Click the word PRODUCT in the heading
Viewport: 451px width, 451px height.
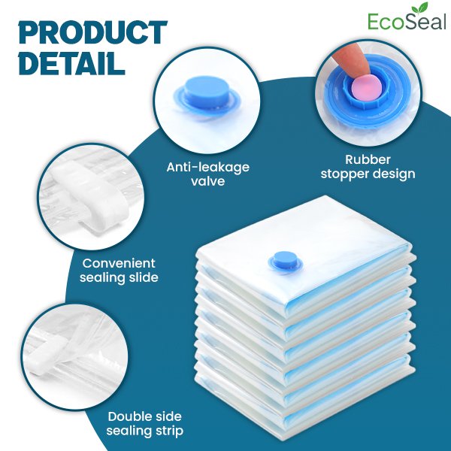coord(93,32)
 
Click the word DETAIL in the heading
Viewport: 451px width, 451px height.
coord(71,62)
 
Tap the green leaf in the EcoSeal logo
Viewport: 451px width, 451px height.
coord(419,8)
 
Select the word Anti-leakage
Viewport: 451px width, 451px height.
coord(208,167)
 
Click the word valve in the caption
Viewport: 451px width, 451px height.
coord(208,181)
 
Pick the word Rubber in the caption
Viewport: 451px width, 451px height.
coord(368,159)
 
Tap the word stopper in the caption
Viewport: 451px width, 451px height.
coord(344,174)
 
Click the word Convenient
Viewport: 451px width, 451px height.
coord(119,263)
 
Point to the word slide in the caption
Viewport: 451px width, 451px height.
coord(144,277)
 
